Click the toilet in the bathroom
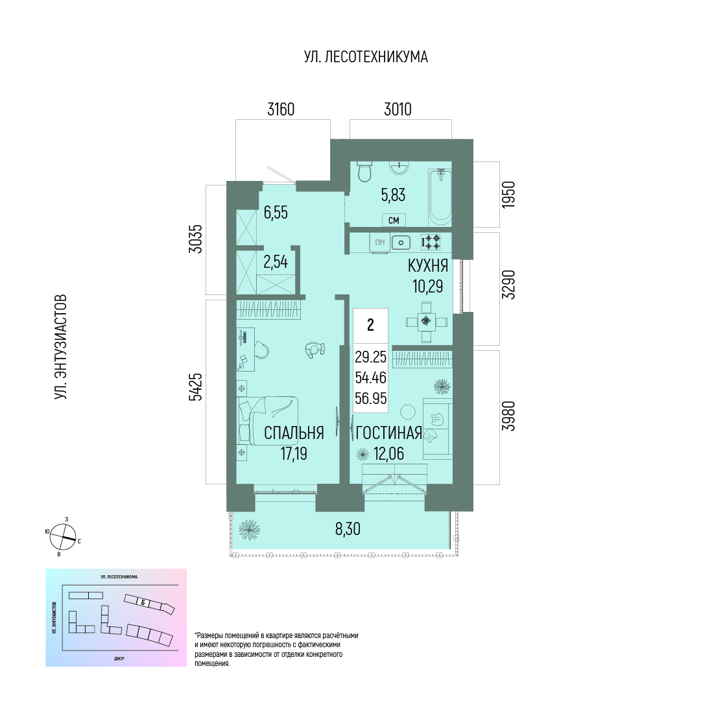(365, 172)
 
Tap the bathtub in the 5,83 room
(440, 198)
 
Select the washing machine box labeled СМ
(394, 220)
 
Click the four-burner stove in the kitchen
(431, 242)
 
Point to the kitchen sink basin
(401, 243)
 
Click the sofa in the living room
(438, 428)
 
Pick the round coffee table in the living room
(407, 412)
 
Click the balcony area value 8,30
(348, 529)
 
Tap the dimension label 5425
(195, 387)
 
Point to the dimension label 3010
(398, 109)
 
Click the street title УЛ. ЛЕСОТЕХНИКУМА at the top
(366, 57)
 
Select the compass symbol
(63, 537)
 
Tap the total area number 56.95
(371, 398)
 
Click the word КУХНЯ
(428, 266)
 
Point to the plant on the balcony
(249, 530)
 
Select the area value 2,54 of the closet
(276, 262)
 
